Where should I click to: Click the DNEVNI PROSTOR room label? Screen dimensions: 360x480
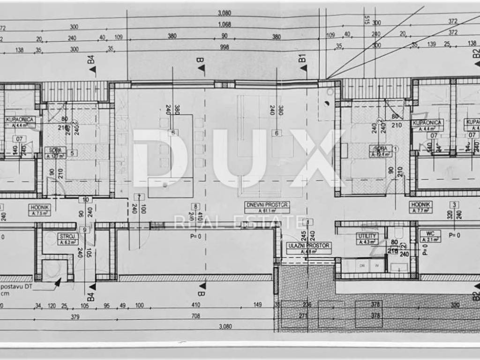267,204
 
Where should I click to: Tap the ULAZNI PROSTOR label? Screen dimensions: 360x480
309,245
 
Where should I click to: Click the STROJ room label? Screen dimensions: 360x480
65,236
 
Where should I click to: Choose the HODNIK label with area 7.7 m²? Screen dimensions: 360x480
420,204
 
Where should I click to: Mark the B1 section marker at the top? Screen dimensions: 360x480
302,59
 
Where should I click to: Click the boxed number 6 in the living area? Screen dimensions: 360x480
277,133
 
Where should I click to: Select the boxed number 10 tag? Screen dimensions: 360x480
85,200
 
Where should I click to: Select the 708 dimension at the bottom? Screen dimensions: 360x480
196,316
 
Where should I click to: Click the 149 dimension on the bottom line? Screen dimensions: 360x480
257,306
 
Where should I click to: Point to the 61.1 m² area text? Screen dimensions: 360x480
267,211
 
